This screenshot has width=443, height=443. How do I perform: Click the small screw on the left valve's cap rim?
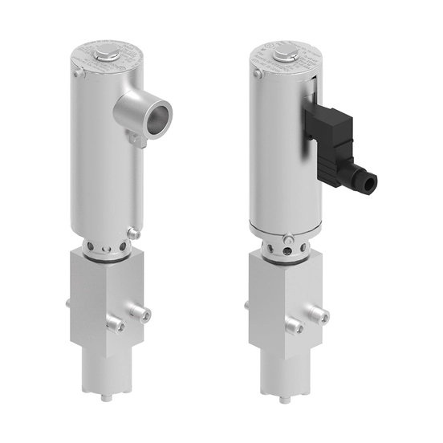pos(78,74)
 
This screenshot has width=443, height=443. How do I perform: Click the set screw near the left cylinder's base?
pos(133,234)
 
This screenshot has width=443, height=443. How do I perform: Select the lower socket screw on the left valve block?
pos(117,325)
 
